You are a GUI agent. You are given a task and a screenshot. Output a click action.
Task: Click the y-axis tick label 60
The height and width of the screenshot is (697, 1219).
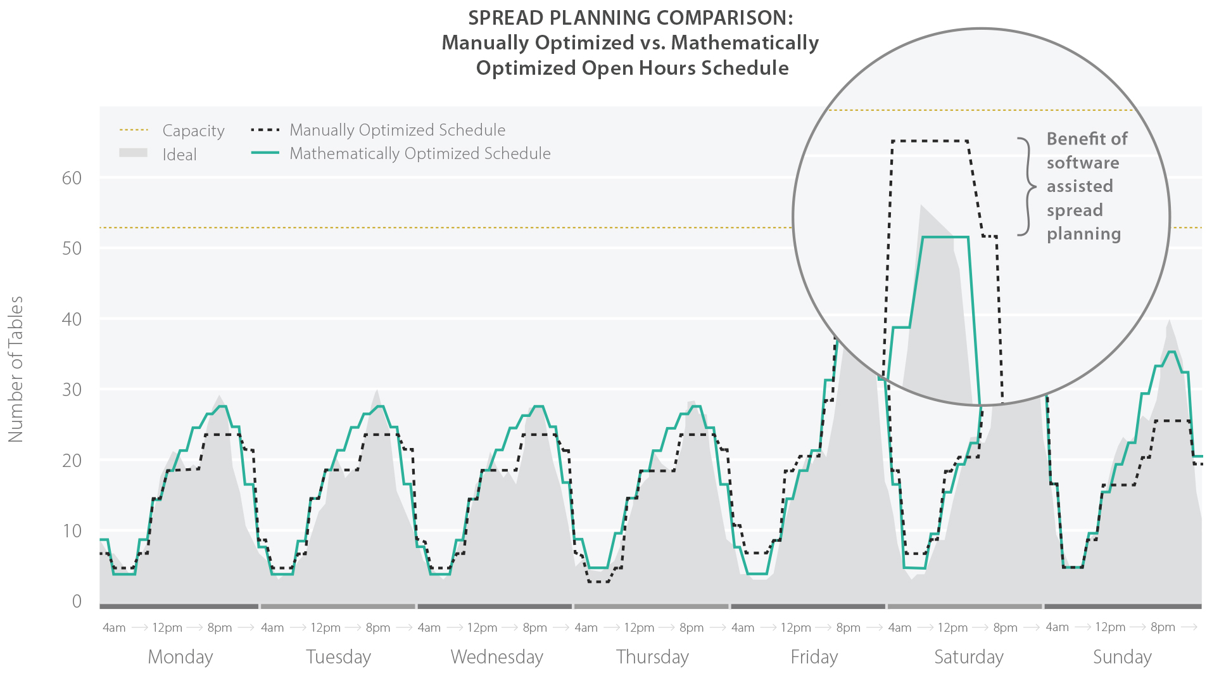[72, 178]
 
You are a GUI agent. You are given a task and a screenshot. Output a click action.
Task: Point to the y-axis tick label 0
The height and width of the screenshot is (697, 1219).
[77, 601]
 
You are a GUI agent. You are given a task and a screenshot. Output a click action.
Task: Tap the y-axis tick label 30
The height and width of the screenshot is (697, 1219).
[72, 390]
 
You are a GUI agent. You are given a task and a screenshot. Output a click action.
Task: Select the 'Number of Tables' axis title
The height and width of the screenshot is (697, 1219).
[16, 369]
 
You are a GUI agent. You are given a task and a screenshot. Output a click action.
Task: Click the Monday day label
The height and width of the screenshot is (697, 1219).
[180, 657]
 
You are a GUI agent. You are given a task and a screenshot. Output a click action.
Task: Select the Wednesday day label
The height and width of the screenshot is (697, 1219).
[497, 657]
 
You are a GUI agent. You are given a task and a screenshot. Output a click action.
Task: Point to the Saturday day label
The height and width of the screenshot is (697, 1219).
[969, 657]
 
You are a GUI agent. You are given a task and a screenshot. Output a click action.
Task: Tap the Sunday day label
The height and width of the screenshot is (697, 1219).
[1122, 657]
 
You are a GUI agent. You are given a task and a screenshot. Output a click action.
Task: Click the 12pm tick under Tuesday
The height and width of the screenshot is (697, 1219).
[325, 627]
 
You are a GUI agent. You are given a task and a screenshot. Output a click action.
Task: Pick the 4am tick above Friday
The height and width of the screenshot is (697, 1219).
[743, 627]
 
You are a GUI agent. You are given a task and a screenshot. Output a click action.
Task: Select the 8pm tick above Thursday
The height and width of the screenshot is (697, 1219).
[692, 627]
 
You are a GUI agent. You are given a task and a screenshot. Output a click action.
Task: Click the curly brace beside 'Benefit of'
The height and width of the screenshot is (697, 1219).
[1026, 187]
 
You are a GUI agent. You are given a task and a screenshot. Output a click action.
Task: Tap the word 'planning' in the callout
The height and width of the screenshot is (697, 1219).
[1083, 234]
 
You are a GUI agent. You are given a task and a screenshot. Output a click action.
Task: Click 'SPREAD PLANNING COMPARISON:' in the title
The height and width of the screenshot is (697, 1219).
[630, 18]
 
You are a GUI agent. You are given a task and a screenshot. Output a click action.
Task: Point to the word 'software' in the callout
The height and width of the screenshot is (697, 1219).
[1083, 163]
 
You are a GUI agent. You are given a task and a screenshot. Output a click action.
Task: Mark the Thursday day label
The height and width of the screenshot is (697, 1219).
[652, 657]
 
